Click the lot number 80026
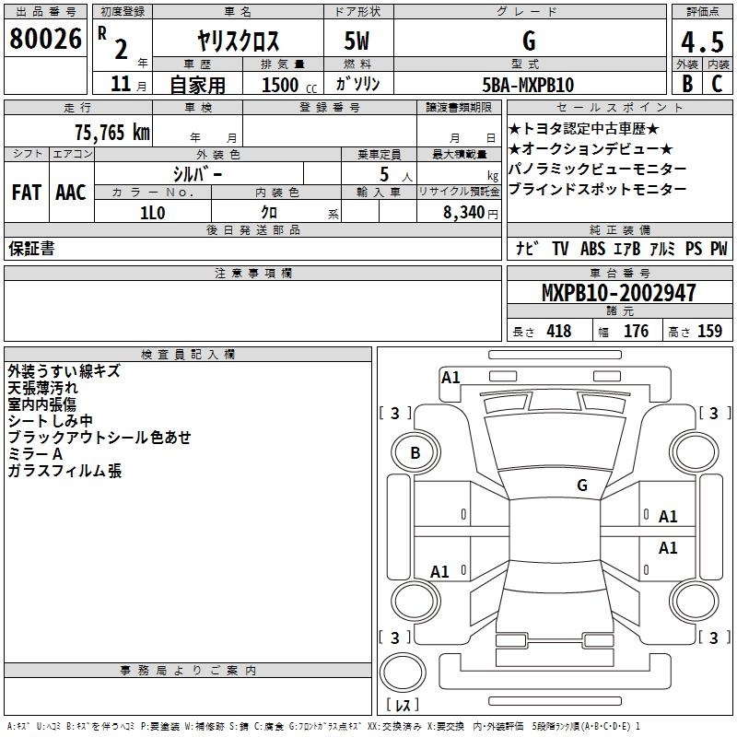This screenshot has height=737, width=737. coord(45,39)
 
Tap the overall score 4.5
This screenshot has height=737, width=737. coord(702,41)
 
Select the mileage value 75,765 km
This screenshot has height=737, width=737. coord(112,132)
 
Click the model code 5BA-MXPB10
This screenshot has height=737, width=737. coord(528,85)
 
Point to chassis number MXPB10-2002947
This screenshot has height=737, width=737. coord(618,292)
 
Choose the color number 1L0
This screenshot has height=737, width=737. coord(152,213)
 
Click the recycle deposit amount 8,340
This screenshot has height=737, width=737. coord(464,213)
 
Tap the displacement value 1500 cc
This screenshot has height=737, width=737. coord(289,85)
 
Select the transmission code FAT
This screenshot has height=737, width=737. coord(27,193)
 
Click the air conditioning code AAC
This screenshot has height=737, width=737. coord(71,193)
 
